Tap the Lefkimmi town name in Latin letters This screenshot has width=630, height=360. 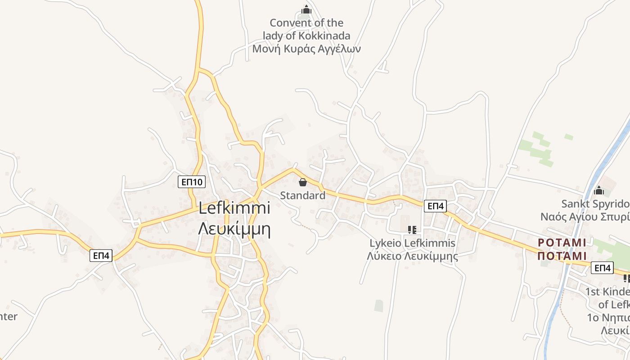[234, 208]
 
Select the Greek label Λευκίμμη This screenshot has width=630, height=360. [234, 229]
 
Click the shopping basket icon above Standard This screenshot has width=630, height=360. [302, 182]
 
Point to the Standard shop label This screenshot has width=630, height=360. [302, 195]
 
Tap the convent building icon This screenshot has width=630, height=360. [306, 9]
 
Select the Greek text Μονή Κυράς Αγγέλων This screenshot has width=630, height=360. [306, 49]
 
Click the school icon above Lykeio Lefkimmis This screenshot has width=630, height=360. [412, 230]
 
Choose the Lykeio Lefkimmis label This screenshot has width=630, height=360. [412, 243]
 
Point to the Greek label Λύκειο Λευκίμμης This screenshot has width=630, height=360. [412, 256]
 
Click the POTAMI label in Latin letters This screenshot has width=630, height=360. [562, 243]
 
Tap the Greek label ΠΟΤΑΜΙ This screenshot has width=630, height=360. [562, 256]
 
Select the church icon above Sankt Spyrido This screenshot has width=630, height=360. [598, 191]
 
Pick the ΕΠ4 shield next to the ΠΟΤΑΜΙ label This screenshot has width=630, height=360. [602, 268]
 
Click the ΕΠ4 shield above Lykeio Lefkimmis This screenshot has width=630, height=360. [435, 206]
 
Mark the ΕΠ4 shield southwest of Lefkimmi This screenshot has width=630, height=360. [101, 256]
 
